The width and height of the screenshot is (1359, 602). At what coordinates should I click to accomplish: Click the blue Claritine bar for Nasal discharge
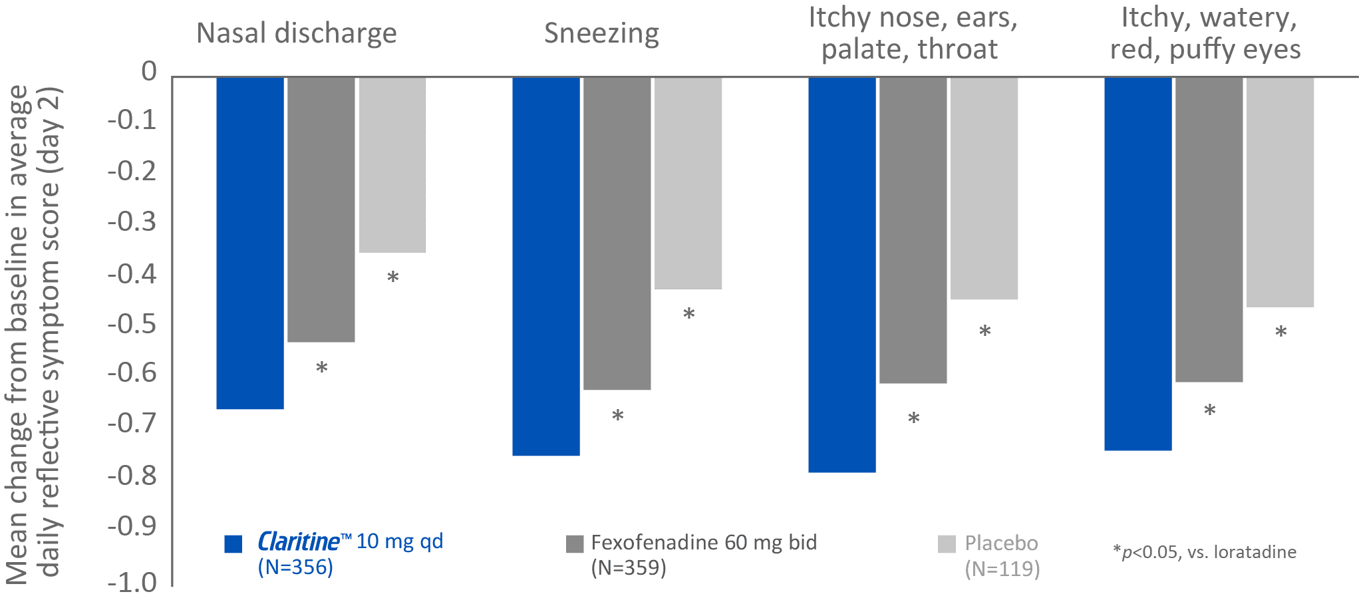pos(250,243)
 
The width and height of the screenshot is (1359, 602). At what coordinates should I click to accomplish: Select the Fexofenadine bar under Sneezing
pos(617,233)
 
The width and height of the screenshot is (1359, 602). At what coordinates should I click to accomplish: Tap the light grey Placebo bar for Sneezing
pos(688,183)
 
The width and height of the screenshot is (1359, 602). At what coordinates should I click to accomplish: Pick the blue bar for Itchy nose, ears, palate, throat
pos(841,275)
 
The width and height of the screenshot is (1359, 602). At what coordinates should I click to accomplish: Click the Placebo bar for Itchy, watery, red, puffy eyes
pos(1280,192)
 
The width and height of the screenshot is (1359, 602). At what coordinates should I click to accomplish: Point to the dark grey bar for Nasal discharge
pos(321,210)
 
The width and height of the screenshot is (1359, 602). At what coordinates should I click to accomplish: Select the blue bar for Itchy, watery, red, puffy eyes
pos(1137,264)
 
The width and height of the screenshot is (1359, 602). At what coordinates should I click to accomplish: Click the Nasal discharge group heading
pos(297,33)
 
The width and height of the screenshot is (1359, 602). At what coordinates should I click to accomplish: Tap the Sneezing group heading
pos(601,33)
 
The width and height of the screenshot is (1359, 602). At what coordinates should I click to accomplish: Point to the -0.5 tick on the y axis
pos(132,324)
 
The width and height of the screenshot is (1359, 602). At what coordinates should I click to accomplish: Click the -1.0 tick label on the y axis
pos(132,583)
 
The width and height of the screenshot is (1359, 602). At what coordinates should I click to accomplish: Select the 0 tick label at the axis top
pos(149,71)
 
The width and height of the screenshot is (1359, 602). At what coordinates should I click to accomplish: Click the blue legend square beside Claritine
pos(233,543)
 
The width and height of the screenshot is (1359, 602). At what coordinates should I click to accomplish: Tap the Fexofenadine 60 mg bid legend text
pos(704,543)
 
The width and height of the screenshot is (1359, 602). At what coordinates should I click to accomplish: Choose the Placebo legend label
pos(1001,543)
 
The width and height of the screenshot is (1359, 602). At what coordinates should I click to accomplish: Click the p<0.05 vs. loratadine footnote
pos(1205,552)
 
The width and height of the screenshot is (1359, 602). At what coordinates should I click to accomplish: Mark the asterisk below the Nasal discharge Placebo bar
pos(392,277)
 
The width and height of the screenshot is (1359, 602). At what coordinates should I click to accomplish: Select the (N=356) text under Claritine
pos(295,567)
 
